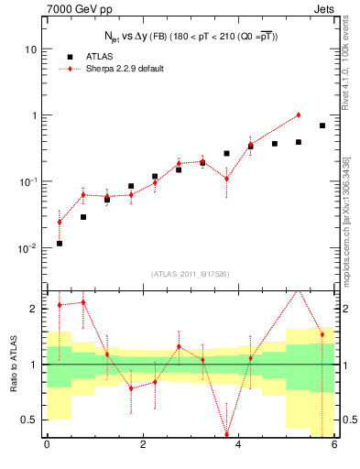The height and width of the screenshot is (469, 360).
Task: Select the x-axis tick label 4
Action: pyautogui.click(x=238, y=445)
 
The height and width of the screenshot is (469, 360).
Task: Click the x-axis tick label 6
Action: pyautogui.click(x=334, y=445)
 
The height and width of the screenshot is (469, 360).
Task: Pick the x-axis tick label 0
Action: pyautogui.click(x=47, y=445)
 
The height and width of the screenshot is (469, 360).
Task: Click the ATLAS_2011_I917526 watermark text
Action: pyautogui.click(x=191, y=274)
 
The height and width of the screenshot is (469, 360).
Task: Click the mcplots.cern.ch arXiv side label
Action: pyautogui.click(x=352, y=211)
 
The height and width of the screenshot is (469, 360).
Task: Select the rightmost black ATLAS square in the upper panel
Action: pyautogui.click(x=322, y=125)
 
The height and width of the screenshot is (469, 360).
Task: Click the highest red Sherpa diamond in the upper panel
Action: pyautogui.click(x=299, y=115)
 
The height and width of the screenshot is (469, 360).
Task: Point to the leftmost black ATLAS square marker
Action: pyautogui.click(x=60, y=244)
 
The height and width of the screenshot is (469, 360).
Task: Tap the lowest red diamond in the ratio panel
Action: pyautogui.click(x=227, y=435)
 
